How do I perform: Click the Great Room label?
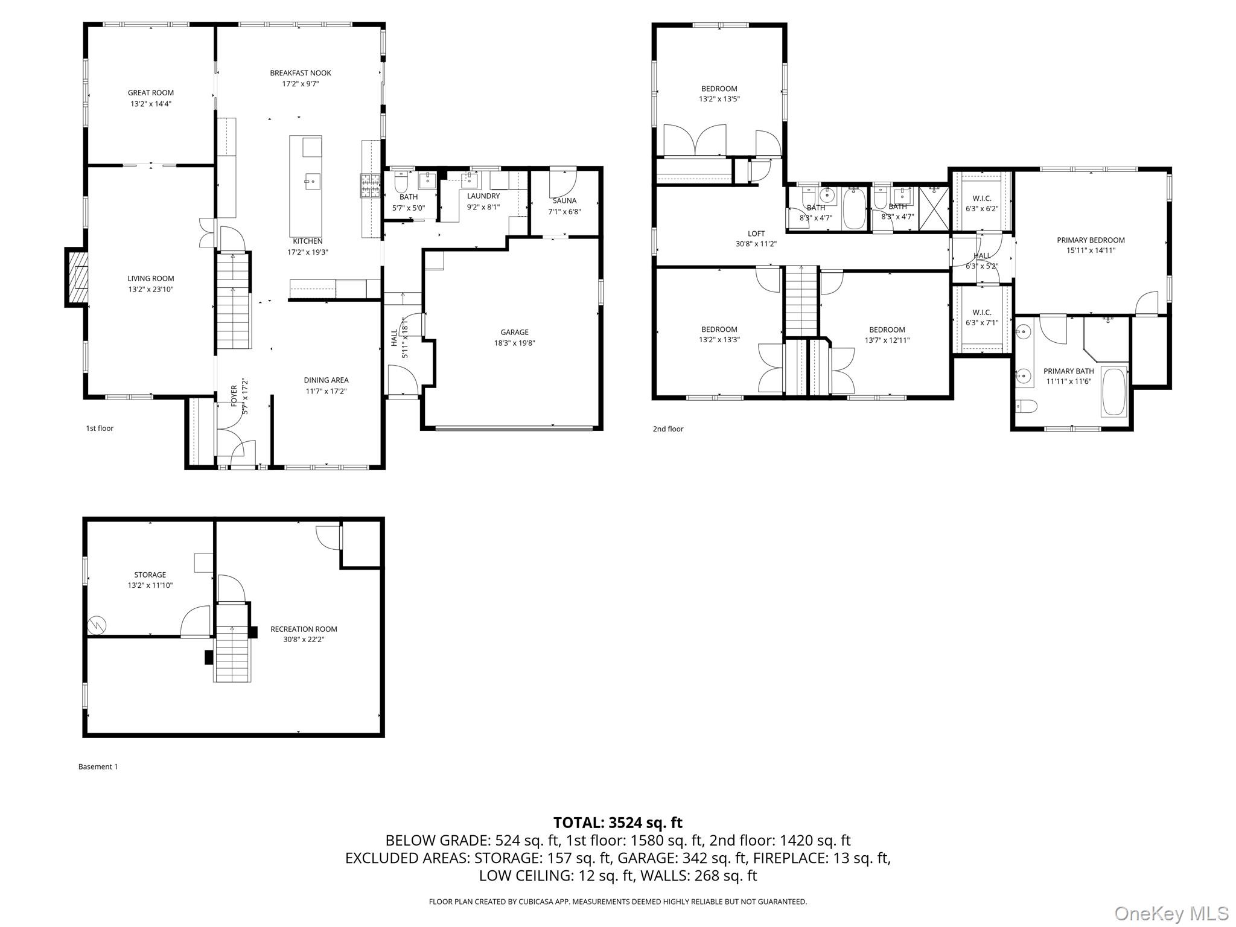pos(151,93)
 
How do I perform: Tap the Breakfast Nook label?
pos(301,73)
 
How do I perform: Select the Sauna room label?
pos(564,200)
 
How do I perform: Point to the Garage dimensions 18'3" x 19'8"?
pos(514,343)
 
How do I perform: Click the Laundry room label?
pos(483,196)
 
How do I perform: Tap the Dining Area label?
pos(326,380)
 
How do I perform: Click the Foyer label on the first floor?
pos(234,396)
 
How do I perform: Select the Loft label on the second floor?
pos(756,234)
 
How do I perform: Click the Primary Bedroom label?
pos(1091,240)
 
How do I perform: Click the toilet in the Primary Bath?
pos(1025,407)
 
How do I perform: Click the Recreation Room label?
pos(304,629)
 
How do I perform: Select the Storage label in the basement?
pos(150,575)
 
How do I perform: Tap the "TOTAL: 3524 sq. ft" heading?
pos(618,823)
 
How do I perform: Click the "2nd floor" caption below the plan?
pos(667,429)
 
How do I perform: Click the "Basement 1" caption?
pos(98,766)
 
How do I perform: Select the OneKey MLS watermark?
pos(1171,913)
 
